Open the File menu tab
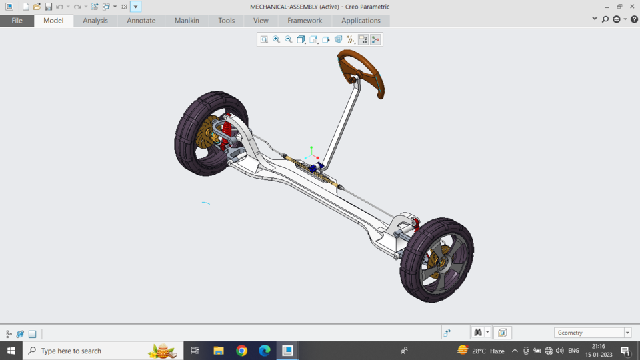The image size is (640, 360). click(17, 21)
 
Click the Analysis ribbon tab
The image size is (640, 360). click(95, 21)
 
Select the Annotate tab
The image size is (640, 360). click(141, 21)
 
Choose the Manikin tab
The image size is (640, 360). click(187, 21)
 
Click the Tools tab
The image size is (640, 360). click(226, 21)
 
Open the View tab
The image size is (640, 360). click(261, 21)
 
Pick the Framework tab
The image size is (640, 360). click(305, 21)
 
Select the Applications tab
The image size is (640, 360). click(361, 21)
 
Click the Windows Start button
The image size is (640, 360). click(11, 351)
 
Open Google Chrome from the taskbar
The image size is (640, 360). click(241, 351)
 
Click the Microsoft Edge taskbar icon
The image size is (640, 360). click(265, 351)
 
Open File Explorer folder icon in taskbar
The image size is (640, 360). click(219, 351)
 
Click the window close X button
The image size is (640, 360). click(632, 7)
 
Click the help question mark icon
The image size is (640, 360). click(634, 19)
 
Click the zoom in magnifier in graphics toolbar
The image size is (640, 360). click(276, 40)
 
